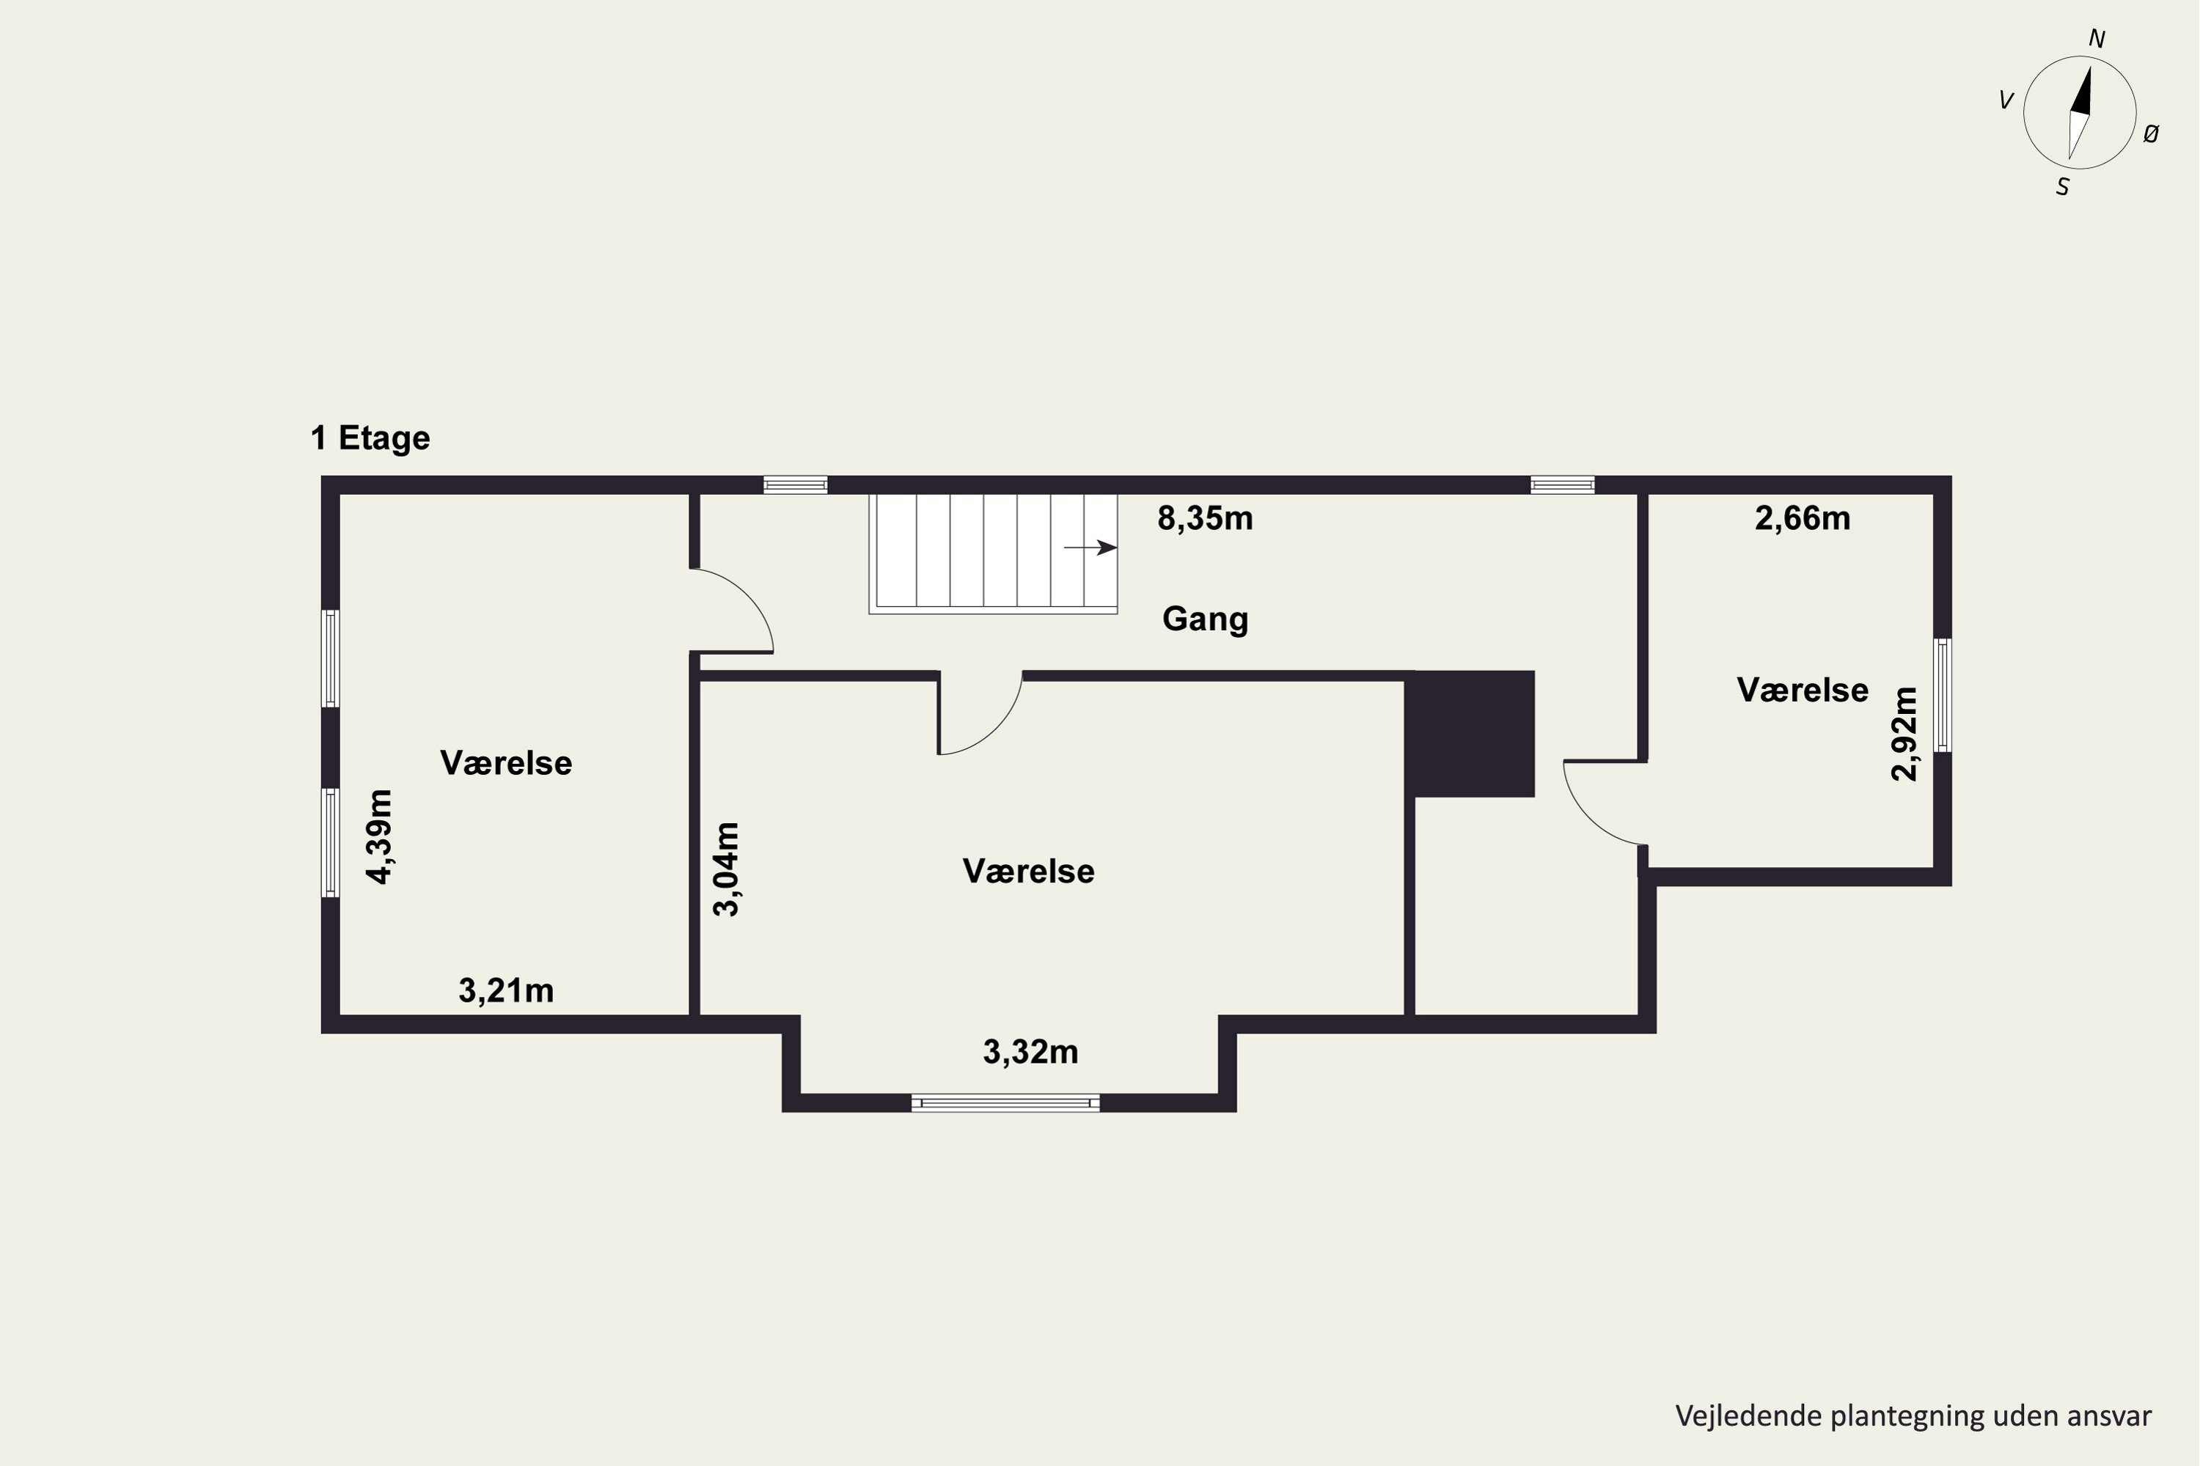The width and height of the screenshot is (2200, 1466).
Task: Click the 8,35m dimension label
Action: tap(1205, 518)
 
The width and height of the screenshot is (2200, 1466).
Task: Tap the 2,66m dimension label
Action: tap(1803, 518)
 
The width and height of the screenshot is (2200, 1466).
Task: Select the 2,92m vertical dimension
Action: tap(1904, 734)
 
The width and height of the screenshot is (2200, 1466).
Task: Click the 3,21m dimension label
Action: tap(506, 990)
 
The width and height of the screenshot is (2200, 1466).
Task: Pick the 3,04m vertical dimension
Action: tap(727, 869)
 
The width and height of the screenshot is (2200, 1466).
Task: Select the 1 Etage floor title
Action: tap(370, 438)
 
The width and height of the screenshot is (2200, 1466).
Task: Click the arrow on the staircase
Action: tap(1090, 548)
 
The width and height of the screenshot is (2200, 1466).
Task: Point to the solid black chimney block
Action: tap(1474, 734)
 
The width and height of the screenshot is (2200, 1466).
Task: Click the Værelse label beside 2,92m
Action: tap(1803, 690)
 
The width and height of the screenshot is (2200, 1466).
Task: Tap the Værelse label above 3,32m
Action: tap(1029, 872)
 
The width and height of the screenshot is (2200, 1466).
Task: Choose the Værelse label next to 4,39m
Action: tap(506, 763)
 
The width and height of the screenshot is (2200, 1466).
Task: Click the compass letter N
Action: tap(2097, 40)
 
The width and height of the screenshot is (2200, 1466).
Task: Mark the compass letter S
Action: tap(2062, 188)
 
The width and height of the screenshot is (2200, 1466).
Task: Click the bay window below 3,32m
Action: tap(1005, 1103)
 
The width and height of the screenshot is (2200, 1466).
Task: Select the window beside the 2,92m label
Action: tap(1943, 696)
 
